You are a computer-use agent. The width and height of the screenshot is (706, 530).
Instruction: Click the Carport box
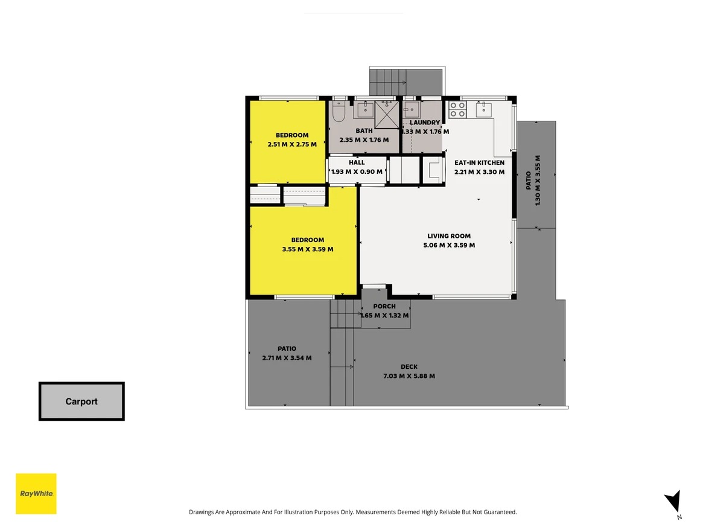pyautogui.click(x=81, y=401)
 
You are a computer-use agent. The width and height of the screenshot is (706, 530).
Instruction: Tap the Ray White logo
pyautogui.click(x=36, y=494)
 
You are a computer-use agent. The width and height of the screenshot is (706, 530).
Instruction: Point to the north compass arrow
pyautogui.click(x=673, y=502)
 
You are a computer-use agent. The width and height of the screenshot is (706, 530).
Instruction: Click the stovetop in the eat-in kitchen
pyautogui.click(x=457, y=109)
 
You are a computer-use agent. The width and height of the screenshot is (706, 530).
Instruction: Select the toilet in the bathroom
pyautogui.click(x=339, y=111)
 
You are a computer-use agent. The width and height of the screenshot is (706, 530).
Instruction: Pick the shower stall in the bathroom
pyautogui.click(x=387, y=114)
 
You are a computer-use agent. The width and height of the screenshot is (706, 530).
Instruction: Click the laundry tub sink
pyautogui.click(x=412, y=109)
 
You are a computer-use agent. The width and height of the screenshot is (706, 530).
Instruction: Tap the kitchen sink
pyautogui.click(x=483, y=109)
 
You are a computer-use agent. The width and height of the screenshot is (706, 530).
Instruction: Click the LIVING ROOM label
pyautogui.click(x=449, y=236)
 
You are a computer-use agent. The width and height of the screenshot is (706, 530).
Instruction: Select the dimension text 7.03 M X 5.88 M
pyautogui.click(x=409, y=376)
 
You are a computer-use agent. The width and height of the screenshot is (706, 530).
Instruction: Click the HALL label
pyautogui.click(x=357, y=162)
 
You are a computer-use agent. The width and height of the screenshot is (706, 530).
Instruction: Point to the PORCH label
pyautogui.click(x=384, y=306)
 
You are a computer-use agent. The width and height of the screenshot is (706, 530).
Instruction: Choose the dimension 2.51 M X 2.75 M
pyautogui.click(x=292, y=144)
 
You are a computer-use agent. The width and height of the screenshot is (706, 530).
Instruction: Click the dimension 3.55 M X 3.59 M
pyautogui.click(x=308, y=249)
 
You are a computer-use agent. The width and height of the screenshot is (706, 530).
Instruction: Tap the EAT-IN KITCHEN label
pyautogui.click(x=480, y=162)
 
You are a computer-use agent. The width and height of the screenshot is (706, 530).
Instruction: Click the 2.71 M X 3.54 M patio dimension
pyautogui.click(x=287, y=358)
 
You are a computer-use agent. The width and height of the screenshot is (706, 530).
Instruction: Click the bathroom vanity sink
pyautogui.click(x=366, y=109)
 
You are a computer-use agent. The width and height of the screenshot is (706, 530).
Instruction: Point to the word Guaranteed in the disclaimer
pyautogui.click(x=501, y=512)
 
